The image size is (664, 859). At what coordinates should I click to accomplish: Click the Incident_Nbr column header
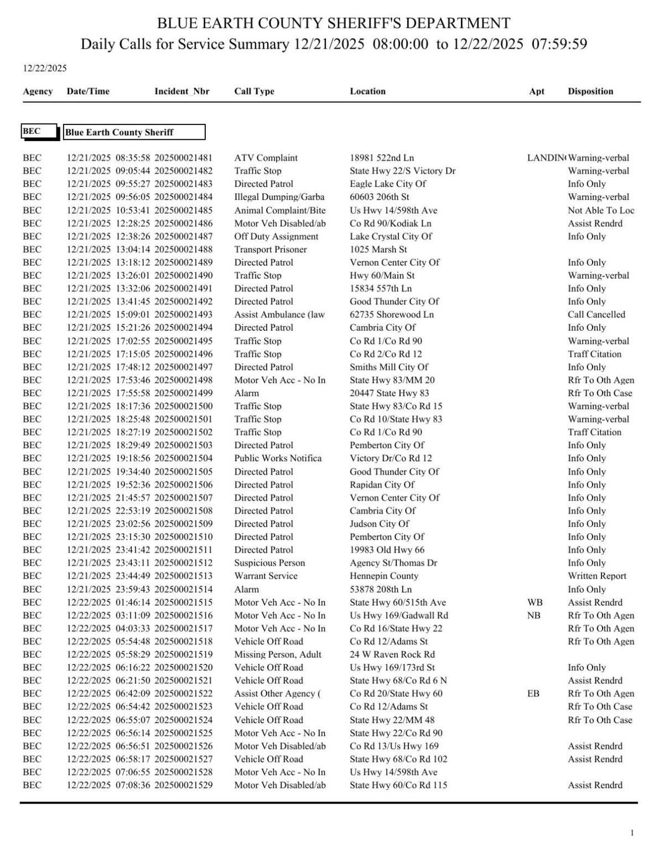click(181, 91)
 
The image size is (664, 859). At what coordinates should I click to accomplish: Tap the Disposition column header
click(590, 91)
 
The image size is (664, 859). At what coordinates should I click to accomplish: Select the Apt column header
click(536, 91)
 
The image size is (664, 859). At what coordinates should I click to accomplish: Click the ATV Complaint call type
click(266, 158)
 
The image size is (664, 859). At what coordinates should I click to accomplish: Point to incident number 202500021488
click(183, 249)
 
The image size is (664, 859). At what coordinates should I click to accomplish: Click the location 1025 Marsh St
click(378, 249)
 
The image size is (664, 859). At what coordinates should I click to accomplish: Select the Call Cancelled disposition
click(596, 314)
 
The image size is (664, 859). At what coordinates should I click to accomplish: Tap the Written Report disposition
click(596, 576)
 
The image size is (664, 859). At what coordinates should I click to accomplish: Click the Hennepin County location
click(383, 576)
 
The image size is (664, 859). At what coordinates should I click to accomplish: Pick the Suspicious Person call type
click(269, 563)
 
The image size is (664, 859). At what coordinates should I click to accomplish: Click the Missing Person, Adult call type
click(277, 654)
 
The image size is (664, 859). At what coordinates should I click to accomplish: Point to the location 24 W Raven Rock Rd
click(392, 654)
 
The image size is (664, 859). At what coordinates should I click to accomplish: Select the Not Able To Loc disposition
click(600, 210)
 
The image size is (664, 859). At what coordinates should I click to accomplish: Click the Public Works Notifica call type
click(277, 458)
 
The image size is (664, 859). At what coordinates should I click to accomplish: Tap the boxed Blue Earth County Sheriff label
click(134, 132)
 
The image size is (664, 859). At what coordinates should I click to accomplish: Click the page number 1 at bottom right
click(632, 833)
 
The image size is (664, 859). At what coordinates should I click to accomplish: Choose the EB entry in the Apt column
click(533, 694)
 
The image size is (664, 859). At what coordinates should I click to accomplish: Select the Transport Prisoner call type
click(270, 249)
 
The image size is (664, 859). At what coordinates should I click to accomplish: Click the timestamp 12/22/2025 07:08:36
click(108, 785)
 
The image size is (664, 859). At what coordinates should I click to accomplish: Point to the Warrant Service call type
click(266, 576)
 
